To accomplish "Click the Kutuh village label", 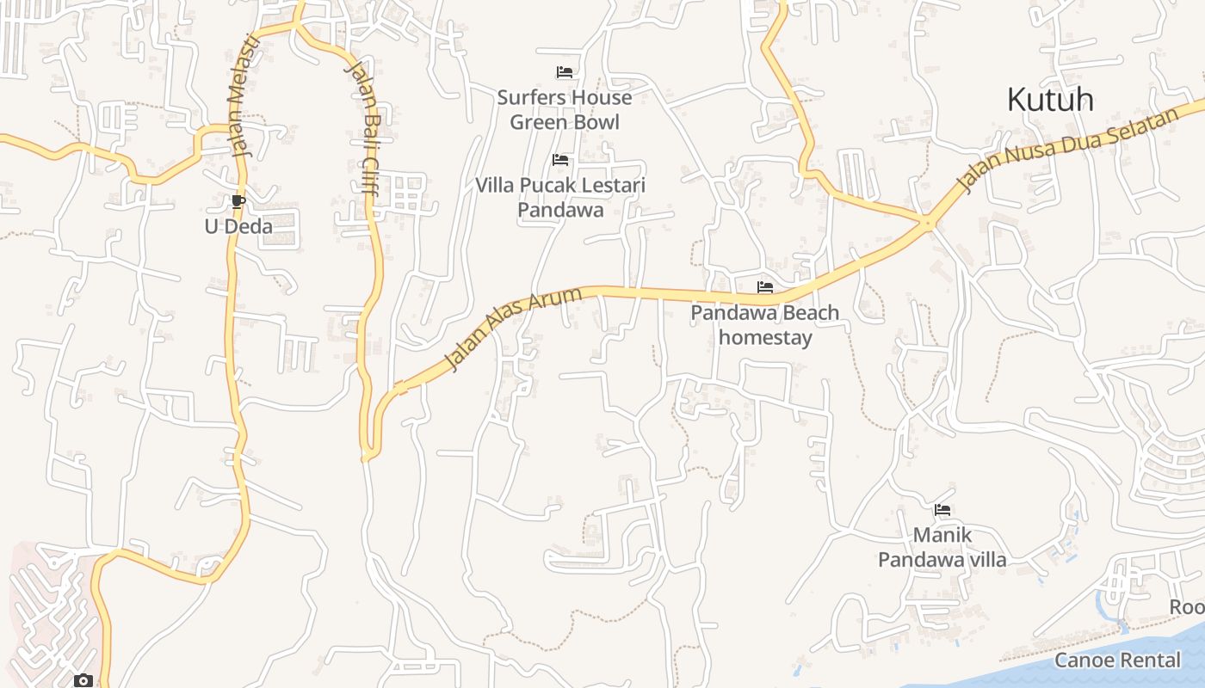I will [1050, 100].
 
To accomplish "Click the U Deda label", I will [238, 227].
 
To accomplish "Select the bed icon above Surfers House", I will [565, 72].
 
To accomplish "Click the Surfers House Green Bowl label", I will [565, 110].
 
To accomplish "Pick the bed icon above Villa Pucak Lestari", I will [560, 160].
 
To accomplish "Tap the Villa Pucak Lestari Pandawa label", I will [560, 198].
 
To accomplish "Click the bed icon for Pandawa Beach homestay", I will [765, 287].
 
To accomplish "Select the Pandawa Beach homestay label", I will [765, 325].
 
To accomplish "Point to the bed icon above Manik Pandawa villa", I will [942, 510].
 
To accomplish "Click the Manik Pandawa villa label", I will [942, 548].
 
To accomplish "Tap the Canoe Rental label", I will [1117, 660].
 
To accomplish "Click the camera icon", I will [83, 681].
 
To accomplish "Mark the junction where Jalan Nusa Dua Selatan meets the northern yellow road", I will [927, 223].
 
